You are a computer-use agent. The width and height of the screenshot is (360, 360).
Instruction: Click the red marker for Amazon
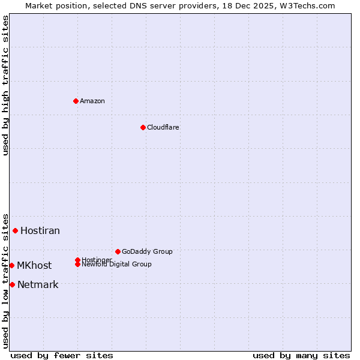click(76, 101)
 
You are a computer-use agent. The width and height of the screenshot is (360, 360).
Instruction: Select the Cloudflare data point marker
click(143, 127)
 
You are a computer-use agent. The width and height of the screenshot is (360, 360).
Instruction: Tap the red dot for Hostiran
click(15, 230)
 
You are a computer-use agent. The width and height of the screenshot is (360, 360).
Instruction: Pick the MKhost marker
click(11, 265)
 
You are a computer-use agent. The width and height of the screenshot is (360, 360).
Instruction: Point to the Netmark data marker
click(12, 284)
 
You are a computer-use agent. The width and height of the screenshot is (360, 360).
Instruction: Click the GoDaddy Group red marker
click(118, 251)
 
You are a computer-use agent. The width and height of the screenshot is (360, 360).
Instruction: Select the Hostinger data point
click(77, 260)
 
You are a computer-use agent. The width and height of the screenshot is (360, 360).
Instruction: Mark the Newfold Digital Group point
click(77, 265)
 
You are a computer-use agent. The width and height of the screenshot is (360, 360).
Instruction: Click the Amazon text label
click(92, 101)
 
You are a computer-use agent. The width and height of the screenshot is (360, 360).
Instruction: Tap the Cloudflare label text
click(163, 127)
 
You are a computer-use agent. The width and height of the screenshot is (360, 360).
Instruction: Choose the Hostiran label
click(40, 230)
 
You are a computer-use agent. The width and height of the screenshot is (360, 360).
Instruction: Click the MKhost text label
click(34, 265)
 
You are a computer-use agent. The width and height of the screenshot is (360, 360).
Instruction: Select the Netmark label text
click(38, 284)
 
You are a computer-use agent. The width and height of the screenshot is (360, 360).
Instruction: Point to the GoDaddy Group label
click(147, 251)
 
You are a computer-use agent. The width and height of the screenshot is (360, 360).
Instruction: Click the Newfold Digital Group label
click(117, 265)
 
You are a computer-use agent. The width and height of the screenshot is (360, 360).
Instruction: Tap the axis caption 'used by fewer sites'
click(62, 355)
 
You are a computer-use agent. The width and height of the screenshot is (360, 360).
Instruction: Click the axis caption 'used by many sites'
click(301, 355)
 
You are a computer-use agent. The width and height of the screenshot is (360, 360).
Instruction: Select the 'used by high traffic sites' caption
click(6, 85)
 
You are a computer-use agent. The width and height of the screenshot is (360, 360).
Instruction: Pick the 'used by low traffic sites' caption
click(6, 280)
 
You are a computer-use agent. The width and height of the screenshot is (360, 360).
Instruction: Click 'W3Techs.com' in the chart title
click(305, 5)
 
